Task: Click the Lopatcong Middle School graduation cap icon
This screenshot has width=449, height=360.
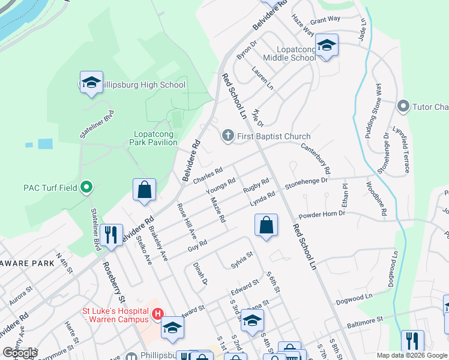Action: click(327, 46)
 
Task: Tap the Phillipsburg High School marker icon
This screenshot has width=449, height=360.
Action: click(91, 83)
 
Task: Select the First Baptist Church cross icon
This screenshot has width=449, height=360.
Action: click(228, 136)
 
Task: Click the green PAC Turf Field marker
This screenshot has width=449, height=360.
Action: click(86, 188)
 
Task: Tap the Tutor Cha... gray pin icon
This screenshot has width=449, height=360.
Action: click(403, 107)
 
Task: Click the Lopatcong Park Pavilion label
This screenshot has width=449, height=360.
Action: click(154, 138)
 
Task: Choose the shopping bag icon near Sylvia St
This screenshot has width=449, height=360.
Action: click(266, 226)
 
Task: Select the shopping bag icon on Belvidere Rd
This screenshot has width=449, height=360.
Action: click(145, 190)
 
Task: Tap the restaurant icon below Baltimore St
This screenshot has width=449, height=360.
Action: click(412, 341)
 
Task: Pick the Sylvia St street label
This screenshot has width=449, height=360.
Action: click(242, 259)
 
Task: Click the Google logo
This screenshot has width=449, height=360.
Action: click(20, 353)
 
